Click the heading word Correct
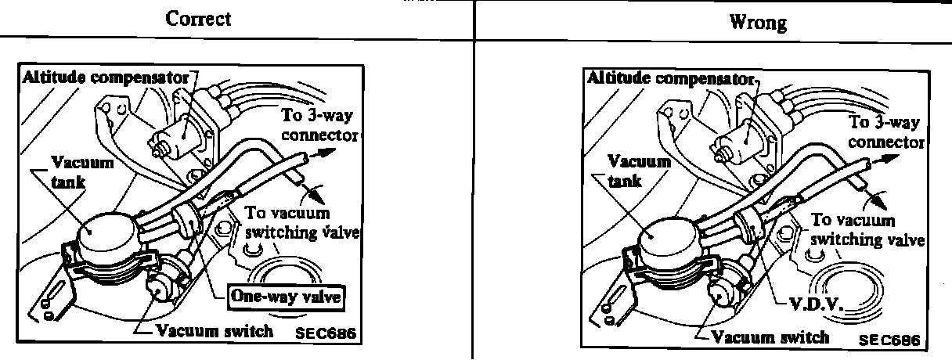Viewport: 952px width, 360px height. pos(198,18)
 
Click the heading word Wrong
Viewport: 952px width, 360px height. pos(758,22)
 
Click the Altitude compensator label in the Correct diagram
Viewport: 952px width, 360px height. pos(106,77)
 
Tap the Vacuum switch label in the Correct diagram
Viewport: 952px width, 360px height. pos(214,330)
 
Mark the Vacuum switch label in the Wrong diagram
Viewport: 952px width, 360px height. pos(770,337)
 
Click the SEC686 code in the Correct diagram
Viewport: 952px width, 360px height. pos(326,333)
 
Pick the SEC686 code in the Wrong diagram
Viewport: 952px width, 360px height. pos(888,340)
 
